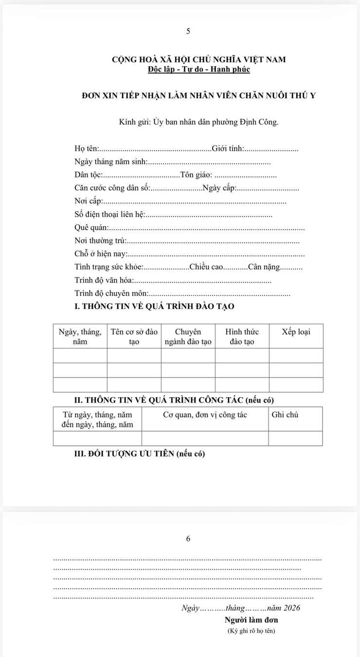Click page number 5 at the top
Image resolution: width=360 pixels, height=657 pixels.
click(188, 31)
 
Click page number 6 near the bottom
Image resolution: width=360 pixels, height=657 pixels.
click(188, 539)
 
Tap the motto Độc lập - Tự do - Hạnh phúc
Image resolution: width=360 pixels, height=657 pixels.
click(199, 69)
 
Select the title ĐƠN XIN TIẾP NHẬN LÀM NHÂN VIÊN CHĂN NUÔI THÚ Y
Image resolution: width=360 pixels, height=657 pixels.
click(199, 95)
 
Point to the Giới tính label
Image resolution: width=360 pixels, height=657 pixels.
click(228, 148)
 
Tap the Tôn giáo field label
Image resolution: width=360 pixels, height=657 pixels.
click(196, 175)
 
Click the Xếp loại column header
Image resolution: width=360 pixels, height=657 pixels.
click(296, 332)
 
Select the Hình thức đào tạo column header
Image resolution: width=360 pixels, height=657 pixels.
click(242, 337)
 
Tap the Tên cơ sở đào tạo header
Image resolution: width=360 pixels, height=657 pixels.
click(134, 337)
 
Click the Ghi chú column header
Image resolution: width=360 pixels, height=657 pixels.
click(285, 415)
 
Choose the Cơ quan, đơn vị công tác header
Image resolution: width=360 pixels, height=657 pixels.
click(205, 415)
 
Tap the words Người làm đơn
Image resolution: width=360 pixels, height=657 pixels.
click(251, 620)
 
